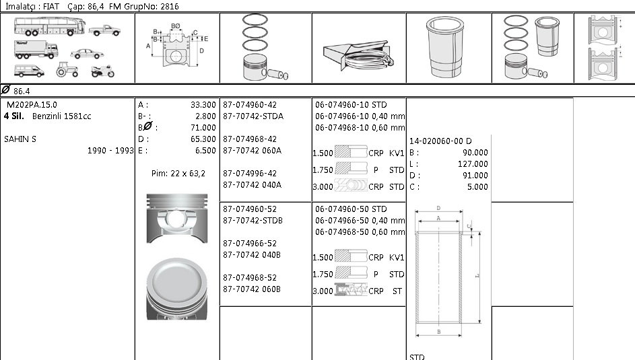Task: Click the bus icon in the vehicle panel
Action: click(x=46, y=27)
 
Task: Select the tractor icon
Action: click(x=67, y=69)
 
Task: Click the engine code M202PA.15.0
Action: click(x=32, y=105)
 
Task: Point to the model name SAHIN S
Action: click(x=20, y=139)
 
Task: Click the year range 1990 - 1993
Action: click(x=110, y=151)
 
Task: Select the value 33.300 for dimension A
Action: click(x=203, y=105)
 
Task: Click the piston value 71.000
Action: click(x=203, y=128)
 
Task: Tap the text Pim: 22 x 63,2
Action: click(x=178, y=174)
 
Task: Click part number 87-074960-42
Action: click(x=250, y=105)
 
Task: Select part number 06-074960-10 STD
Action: click(x=351, y=105)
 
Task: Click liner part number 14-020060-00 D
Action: click(x=440, y=141)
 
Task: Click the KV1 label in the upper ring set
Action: click(x=397, y=153)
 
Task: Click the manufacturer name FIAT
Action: click(x=51, y=5)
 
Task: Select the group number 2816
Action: click(x=170, y=5)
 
